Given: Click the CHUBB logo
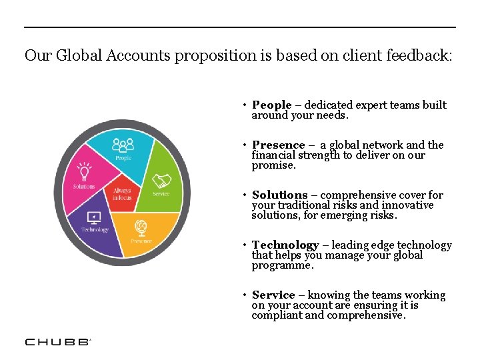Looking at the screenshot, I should [x=57, y=341].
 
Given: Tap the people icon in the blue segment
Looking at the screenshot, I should [x=123, y=145].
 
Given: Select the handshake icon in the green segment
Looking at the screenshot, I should [x=161, y=181].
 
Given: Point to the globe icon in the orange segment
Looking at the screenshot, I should [x=141, y=227].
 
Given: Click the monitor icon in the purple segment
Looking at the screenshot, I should [x=94, y=217].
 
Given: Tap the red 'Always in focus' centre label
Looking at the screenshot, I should [x=122, y=194].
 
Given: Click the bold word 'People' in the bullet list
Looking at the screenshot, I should [x=272, y=105].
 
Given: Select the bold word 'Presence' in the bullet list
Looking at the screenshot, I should [x=278, y=145].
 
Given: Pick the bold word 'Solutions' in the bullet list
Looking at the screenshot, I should [x=280, y=195].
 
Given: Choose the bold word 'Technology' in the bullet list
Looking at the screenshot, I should [x=285, y=245].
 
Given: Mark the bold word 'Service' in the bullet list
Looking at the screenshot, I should [x=273, y=295].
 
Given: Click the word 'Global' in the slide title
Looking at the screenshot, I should [x=77, y=55].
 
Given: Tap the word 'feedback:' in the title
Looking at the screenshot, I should [x=419, y=55].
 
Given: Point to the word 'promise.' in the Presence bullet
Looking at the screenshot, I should [x=273, y=165].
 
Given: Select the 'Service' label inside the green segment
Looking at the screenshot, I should [x=161, y=194].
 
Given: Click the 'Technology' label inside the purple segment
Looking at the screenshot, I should [x=95, y=230].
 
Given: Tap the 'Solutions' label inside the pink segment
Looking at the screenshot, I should [x=84, y=187].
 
